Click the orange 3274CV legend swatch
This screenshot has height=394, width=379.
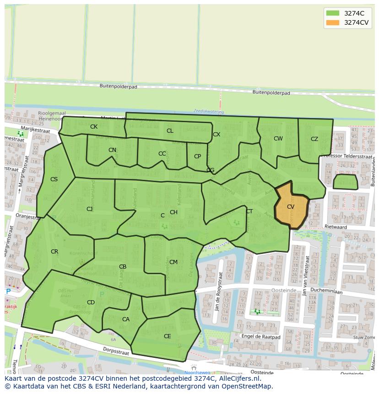tap(333, 22)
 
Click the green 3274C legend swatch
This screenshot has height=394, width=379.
tap(333, 13)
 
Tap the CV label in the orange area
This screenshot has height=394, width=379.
tap(291, 207)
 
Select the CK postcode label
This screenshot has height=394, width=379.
tap(94, 127)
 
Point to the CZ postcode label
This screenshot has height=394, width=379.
tap(314, 139)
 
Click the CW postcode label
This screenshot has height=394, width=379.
tap(278, 139)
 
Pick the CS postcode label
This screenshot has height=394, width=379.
tap(54, 179)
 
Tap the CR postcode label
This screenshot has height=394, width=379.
tap(54, 252)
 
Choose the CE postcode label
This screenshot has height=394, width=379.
tap(168, 336)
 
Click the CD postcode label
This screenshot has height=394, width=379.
tap(91, 302)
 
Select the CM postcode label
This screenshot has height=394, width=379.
tap(173, 262)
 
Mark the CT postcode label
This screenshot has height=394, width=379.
tap(249, 211)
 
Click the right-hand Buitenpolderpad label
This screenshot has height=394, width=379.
tap(271, 93)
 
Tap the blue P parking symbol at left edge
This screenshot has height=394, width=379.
tap(8, 291)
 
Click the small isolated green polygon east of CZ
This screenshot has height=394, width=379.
tap(346, 182)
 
